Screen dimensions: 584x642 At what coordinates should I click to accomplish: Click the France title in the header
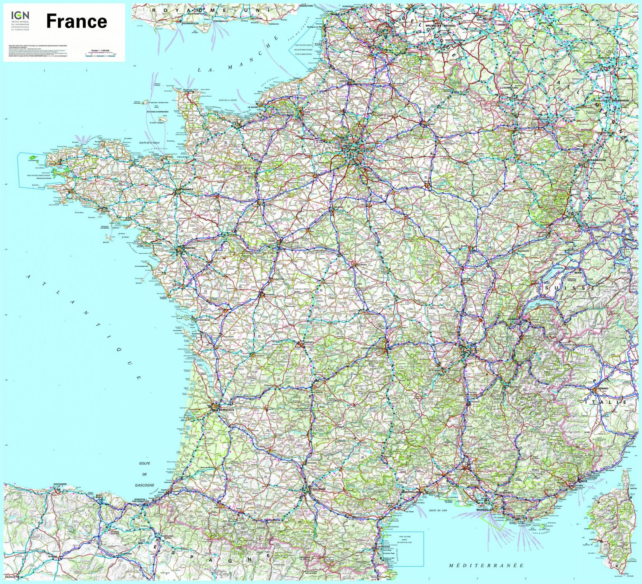(x=76, y=21)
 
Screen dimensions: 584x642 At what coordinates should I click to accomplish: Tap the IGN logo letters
(x=20, y=15)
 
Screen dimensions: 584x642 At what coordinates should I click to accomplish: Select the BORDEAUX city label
(x=226, y=410)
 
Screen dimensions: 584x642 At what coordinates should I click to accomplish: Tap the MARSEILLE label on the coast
(x=484, y=510)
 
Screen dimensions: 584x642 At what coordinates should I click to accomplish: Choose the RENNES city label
(x=188, y=189)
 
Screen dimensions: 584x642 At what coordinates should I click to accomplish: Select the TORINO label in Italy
(x=603, y=388)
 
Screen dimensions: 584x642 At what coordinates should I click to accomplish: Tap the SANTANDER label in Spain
(x=60, y=484)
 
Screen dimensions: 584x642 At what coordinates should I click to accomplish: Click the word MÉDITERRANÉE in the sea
(x=486, y=566)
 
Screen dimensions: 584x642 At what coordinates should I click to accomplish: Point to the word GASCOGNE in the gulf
(x=145, y=485)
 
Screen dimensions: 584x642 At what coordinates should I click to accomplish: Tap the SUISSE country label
(x=570, y=288)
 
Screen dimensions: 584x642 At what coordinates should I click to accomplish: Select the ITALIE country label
(x=606, y=402)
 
